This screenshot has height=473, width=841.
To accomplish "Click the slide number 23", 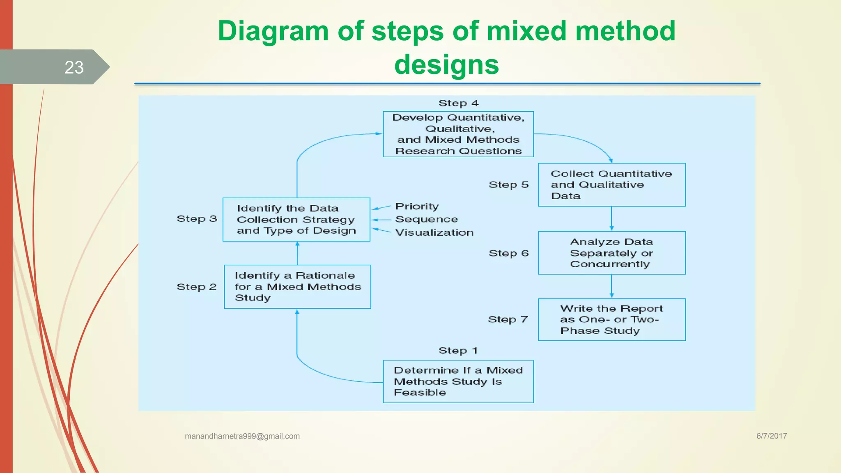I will (74, 67).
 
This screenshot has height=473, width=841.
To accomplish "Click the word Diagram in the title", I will (273, 31).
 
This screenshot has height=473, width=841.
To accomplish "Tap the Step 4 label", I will (458, 103).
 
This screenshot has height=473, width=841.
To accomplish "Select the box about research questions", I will (458, 134).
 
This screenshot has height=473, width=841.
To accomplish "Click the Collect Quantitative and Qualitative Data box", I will (611, 185).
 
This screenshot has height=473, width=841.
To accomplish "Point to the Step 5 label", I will (508, 185).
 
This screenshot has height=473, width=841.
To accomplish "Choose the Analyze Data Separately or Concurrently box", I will (611, 253).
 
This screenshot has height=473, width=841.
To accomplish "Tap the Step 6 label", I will (508, 253).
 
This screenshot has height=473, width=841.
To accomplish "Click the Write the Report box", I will (611, 319).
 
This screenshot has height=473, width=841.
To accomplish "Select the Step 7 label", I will (508, 319).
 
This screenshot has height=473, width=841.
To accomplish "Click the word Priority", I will (417, 206).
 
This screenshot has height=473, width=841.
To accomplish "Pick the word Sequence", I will (426, 219).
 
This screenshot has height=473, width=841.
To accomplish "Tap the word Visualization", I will (434, 232).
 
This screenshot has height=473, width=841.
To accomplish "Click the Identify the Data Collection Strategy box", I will (296, 220).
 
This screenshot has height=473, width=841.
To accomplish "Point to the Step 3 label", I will (197, 219).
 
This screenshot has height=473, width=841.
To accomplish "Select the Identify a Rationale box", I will (297, 287).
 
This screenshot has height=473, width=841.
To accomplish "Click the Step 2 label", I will (196, 287).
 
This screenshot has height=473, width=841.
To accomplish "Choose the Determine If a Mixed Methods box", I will (458, 381).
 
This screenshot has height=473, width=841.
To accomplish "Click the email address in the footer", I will (242, 436).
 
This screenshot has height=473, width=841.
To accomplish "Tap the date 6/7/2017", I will (771, 436).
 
